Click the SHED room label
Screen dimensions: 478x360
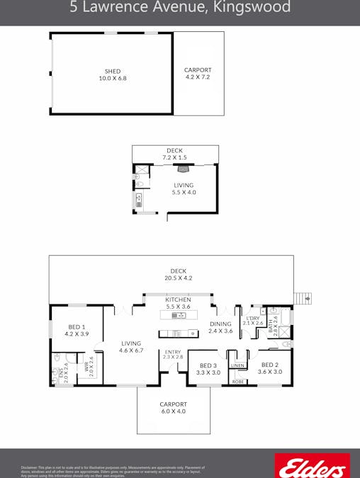click(x=113, y=71)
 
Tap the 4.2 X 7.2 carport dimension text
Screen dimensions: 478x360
click(x=198, y=77)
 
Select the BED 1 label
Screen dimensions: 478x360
click(x=77, y=326)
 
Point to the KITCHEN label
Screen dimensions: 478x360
click(x=178, y=300)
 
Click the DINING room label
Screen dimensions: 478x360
click(x=220, y=324)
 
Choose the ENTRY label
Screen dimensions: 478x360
click(x=173, y=352)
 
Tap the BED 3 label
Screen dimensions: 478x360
click(x=208, y=365)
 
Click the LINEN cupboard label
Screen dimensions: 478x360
click(x=237, y=365)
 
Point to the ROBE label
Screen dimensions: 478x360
click(x=237, y=381)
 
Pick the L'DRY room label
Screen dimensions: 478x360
click(x=252, y=318)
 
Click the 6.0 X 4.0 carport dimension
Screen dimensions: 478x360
click(x=173, y=411)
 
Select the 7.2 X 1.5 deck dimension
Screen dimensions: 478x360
click(x=174, y=157)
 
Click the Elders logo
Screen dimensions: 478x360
click(x=311, y=466)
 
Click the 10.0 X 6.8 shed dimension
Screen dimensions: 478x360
click(x=113, y=78)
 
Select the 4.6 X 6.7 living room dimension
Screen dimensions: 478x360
click(x=131, y=350)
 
